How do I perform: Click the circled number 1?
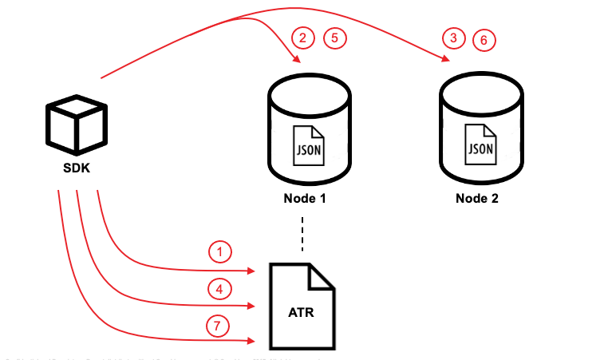click(x=219, y=252)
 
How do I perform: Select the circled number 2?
click(x=302, y=37)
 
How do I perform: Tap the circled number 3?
click(x=454, y=38)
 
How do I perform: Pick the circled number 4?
click(x=219, y=288)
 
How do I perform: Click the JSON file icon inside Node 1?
click(x=308, y=144)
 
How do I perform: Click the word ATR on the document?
click(x=300, y=311)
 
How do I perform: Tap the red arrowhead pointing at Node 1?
click(x=297, y=61)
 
